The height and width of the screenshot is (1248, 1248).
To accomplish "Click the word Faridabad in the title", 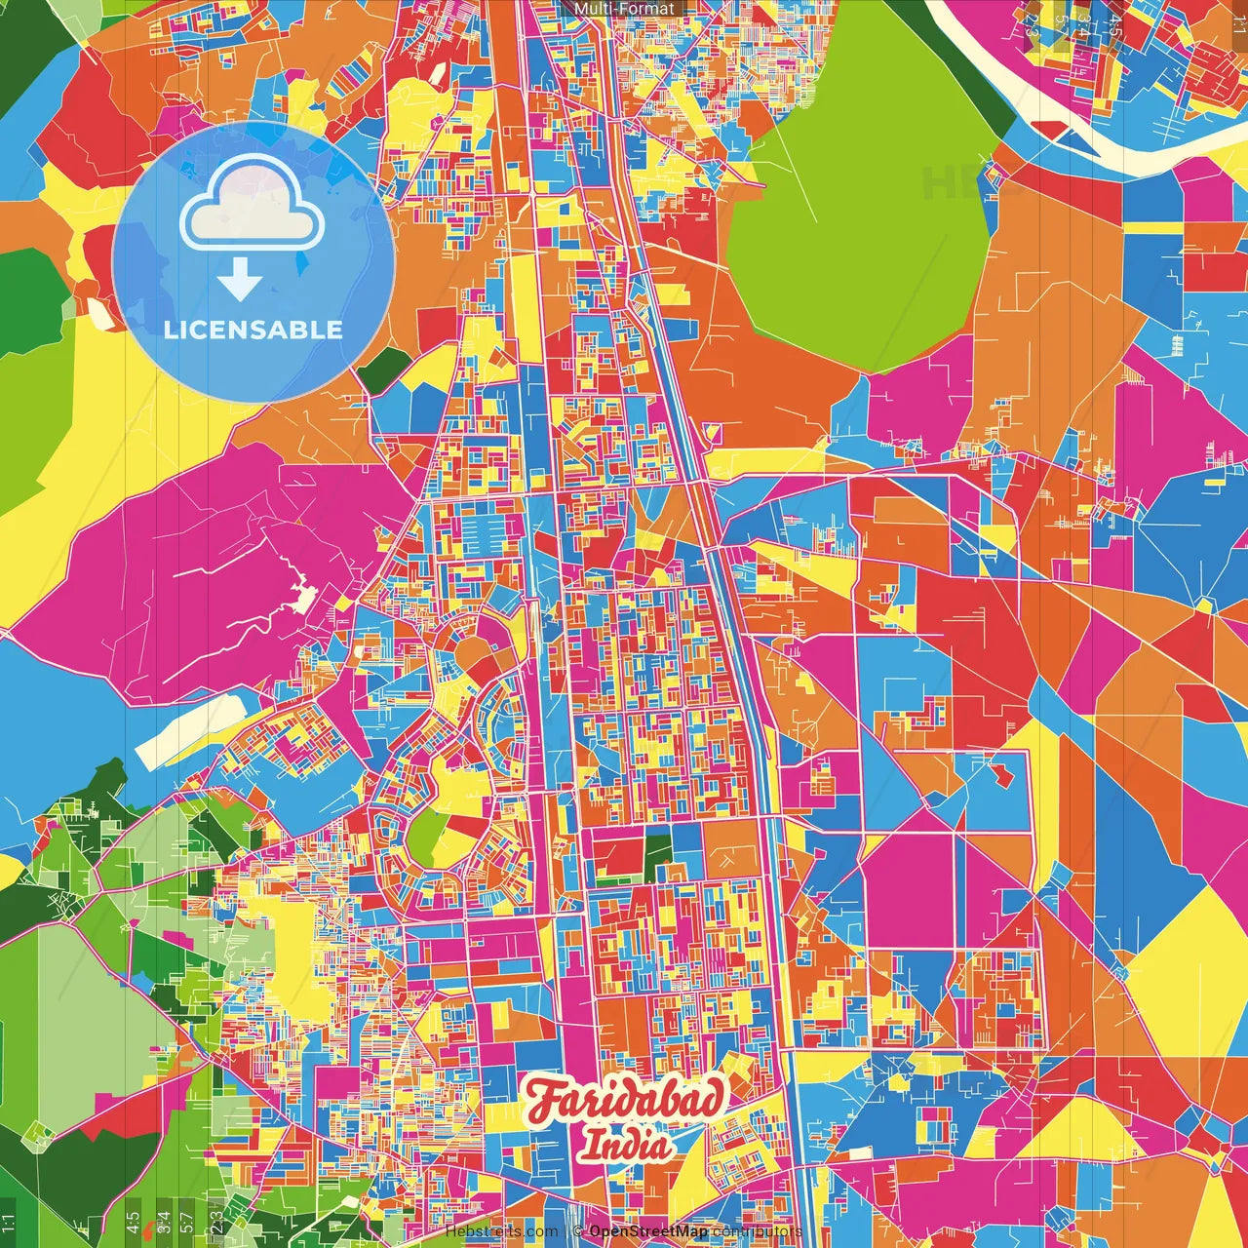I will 626,1099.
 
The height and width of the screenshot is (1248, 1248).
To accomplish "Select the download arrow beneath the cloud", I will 240,281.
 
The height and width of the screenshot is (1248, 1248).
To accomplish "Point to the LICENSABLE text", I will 253,330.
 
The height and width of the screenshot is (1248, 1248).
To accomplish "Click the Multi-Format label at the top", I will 624,9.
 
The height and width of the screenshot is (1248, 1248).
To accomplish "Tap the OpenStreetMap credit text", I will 648,1231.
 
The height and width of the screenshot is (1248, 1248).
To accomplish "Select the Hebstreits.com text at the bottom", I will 501,1231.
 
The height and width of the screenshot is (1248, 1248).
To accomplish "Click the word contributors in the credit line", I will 757,1231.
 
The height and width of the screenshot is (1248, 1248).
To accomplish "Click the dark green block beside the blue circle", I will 383,370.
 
